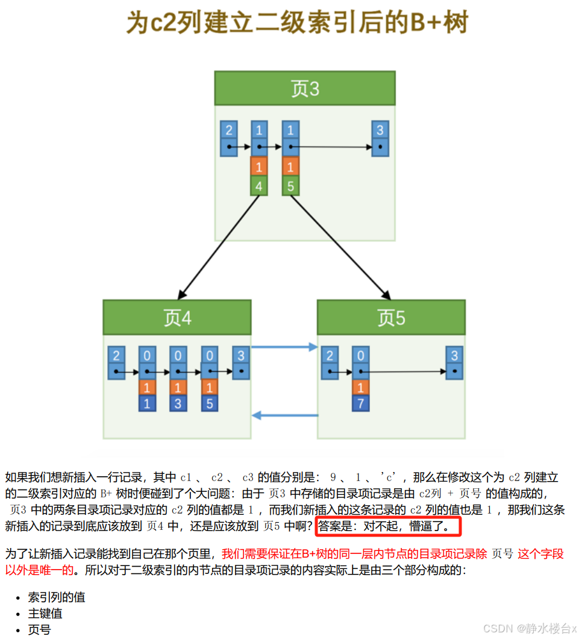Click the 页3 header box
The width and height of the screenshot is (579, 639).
coord(305,89)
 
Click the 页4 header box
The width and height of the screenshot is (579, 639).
coord(177,317)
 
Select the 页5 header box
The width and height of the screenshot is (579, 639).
coord(391,317)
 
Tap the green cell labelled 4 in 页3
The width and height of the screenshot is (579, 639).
coord(258,186)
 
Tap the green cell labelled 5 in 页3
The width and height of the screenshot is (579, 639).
coord(290,186)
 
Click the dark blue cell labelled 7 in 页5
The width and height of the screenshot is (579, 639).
coord(360,403)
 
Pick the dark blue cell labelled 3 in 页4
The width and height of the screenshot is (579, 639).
coord(178,403)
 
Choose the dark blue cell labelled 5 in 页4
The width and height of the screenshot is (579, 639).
coord(209,403)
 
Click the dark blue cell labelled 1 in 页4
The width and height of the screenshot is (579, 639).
coord(147,403)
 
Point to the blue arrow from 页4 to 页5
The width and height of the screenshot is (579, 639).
coord(284,347)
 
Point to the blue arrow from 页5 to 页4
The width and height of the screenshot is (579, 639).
coord(284,415)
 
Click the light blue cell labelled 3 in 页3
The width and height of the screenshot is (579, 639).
coord(380,131)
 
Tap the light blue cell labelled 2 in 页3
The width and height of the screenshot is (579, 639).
coord(228,131)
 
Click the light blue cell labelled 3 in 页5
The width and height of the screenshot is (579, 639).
coord(455,356)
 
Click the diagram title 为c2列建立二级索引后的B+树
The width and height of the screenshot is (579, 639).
coord(297,24)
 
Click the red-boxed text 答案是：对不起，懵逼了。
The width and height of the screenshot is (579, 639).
coord(387,526)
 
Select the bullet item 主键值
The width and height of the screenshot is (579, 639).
coord(45,614)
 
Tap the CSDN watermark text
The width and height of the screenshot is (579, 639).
coord(530,628)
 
